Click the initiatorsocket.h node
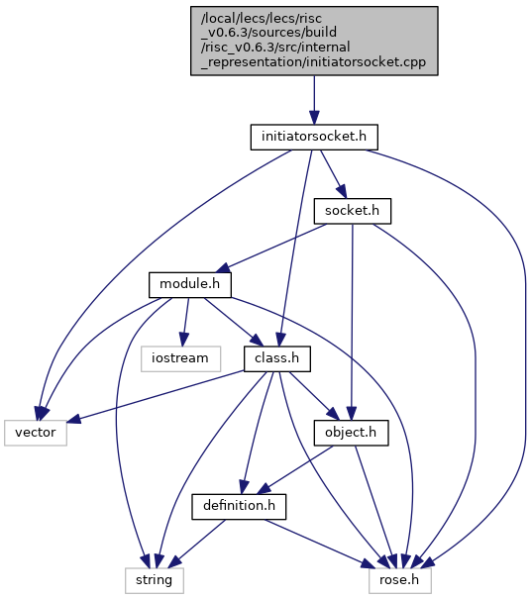[x=314, y=137]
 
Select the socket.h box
[x=352, y=211]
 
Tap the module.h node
[x=190, y=284]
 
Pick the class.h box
[x=277, y=358]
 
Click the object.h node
[x=351, y=433]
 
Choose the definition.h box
[x=239, y=507]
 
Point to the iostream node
[x=180, y=358]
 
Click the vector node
[x=36, y=433]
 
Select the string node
[x=155, y=580]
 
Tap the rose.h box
[x=400, y=580]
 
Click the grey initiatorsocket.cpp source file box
[x=314, y=41]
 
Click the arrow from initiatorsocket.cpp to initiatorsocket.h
[x=314, y=100]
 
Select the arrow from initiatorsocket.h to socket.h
[x=333, y=174]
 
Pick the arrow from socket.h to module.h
[x=273, y=248]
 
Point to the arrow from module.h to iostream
[x=186, y=322]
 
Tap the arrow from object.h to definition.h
[x=295, y=470]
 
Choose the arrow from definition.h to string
[x=197, y=544]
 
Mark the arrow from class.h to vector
[x=156, y=397]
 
